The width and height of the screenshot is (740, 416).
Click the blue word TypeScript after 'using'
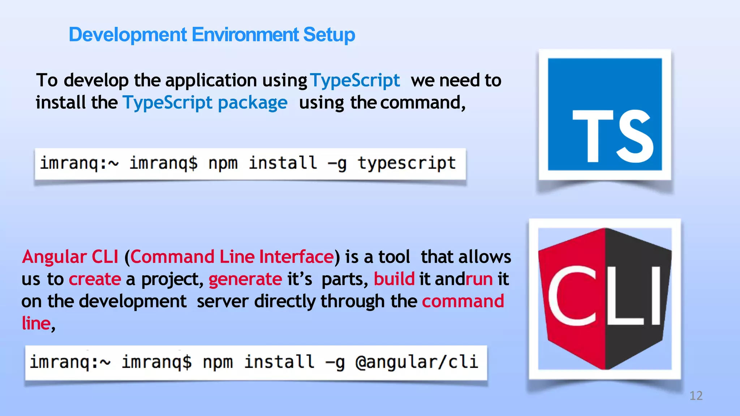click(x=355, y=80)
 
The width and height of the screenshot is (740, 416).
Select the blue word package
click(x=253, y=103)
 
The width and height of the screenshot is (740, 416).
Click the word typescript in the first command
click(x=406, y=163)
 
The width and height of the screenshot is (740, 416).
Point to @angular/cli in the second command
click(x=417, y=362)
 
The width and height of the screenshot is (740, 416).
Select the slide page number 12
click(x=696, y=396)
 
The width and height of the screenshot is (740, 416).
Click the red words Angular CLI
click(x=70, y=257)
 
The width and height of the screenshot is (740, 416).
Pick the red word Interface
click(x=296, y=257)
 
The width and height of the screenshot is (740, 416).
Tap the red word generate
click(x=245, y=279)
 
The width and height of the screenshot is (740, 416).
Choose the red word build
click(x=394, y=279)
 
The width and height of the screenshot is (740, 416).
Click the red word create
click(x=95, y=279)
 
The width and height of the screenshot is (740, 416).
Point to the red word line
click(x=36, y=324)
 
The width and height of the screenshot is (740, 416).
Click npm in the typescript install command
click(x=223, y=163)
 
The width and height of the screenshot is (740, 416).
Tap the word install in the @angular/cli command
click(x=279, y=362)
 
